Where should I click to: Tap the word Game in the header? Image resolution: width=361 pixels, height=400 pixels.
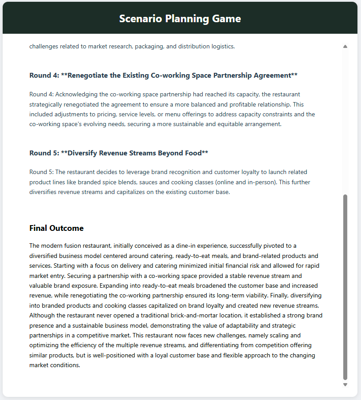pyautogui.click(x=228, y=19)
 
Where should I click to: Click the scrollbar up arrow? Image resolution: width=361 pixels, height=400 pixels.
pyautogui.click(x=345, y=46)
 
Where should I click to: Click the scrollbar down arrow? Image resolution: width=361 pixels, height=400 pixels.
pyautogui.click(x=345, y=385)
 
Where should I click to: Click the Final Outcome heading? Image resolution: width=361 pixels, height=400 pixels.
pyautogui.click(x=56, y=228)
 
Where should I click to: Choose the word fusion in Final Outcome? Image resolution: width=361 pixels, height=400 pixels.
pyautogui.click(x=71, y=246)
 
